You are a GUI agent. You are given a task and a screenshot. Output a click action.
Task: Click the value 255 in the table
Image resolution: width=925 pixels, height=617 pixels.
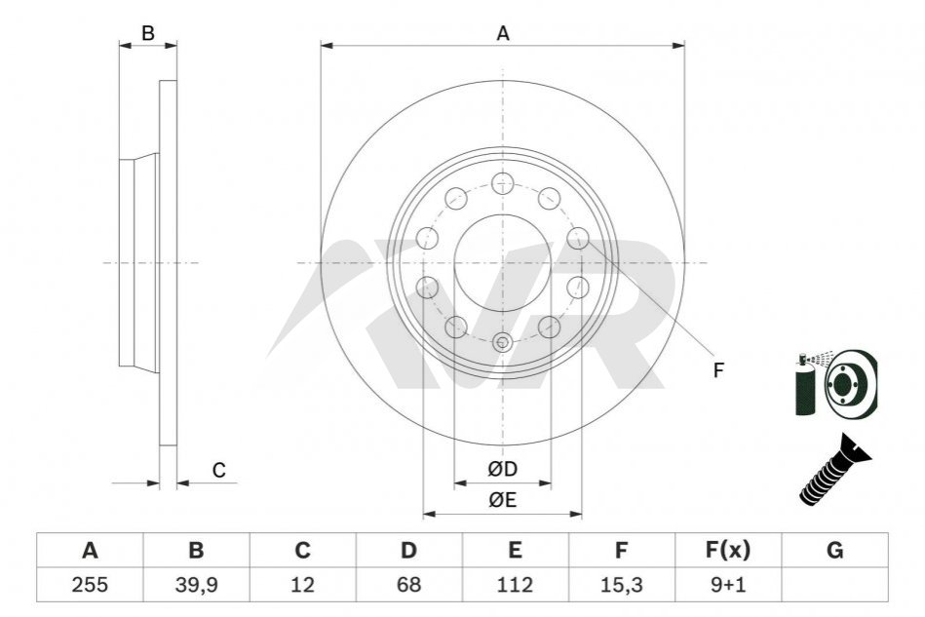(x=90, y=585)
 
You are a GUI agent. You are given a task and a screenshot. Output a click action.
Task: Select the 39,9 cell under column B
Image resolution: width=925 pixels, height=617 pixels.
(x=197, y=585)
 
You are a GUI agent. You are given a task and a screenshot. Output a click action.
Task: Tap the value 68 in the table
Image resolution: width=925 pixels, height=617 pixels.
(x=408, y=585)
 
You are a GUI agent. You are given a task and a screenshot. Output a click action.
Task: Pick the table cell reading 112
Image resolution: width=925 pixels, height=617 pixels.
(x=515, y=585)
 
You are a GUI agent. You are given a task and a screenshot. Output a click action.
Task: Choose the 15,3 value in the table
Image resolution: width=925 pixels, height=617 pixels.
(x=621, y=585)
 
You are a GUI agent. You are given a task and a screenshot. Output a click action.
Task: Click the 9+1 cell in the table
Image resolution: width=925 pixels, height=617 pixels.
(x=728, y=585)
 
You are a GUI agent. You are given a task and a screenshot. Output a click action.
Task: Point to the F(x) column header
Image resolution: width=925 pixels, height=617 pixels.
(x=728, y=551)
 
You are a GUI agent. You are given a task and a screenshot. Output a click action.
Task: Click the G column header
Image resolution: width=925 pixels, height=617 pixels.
(x=834, y=551)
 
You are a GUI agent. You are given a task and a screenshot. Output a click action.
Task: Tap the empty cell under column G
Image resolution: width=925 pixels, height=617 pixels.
(x=834, y=585)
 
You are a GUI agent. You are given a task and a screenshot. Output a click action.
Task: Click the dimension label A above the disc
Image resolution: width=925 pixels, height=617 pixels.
(x=503, y=33)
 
